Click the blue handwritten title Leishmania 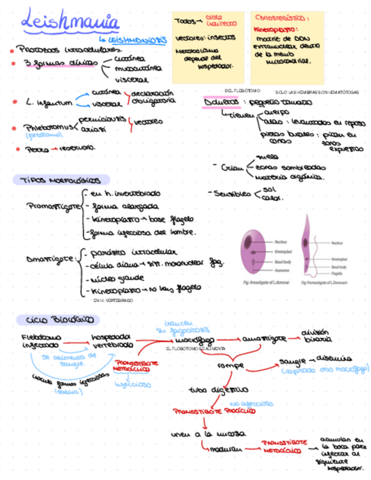[70, 22]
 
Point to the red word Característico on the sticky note [281, 18]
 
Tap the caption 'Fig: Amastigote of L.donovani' [266, 281]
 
